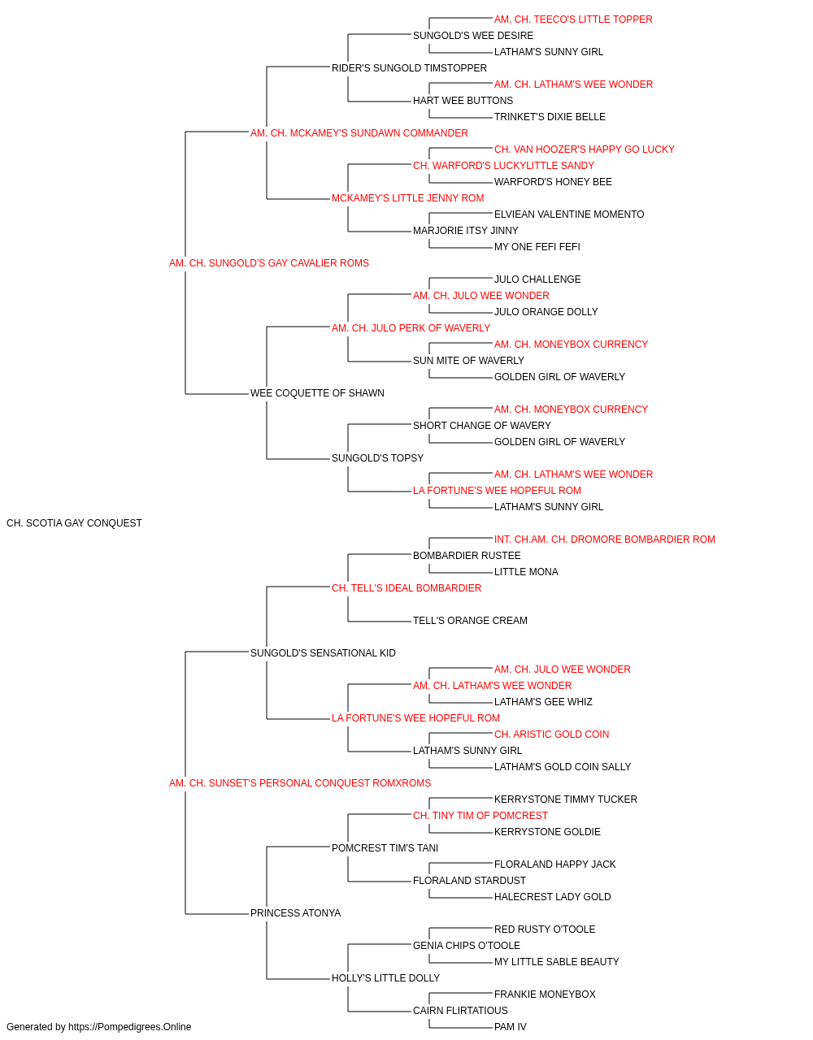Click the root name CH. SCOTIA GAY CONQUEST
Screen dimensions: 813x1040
pyautogui.click(x=74, y=523)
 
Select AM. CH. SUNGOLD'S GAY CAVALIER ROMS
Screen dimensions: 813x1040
pyautogui.click(x=268, y=263)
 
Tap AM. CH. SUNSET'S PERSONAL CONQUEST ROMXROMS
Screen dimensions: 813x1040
pyautogui.click(x=300, y=783)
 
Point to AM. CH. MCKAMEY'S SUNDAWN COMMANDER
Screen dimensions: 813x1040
pyautogui.click(x=359, y=133)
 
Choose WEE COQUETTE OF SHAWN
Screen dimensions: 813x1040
pyautogui.click(x=317, y=393)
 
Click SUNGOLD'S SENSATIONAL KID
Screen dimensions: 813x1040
pyautogui.click(x=323, y=652)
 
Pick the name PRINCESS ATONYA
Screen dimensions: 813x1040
pyautogui.click(x=295, y=912)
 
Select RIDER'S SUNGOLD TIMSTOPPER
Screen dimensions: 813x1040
pyautogui.click(x=409, y=68)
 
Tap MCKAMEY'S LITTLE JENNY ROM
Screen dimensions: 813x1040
pyautogui.click(x=407, y=198)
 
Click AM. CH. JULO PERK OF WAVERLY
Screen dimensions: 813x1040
pyautogui.click(x=411, y=327)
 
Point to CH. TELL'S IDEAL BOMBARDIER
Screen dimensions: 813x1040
pyautogui.click(x=406, y=587)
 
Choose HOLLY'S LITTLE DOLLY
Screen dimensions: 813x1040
pyautogui.click(x=385, y=977)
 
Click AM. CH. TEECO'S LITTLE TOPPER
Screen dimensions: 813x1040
pyautogui.click(x=573, y=19)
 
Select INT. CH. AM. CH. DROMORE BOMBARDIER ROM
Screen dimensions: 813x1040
pyautogui.click(x=604, y=539)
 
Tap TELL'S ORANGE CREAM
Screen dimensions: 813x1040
pyautogui.click(x=470, y=620)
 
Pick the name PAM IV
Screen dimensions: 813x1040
pyautogui.click(x=510, y=1027)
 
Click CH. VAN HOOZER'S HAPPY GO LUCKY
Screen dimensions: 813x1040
pyautogui.click(x=584, y=149)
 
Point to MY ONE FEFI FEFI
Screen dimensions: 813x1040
pyautogui.click(x=537, y=246)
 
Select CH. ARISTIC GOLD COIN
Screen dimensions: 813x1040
pyautogui.click(x=551, y=734)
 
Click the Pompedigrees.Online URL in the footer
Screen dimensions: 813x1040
pyautogui.click(x=129, y=1027)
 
